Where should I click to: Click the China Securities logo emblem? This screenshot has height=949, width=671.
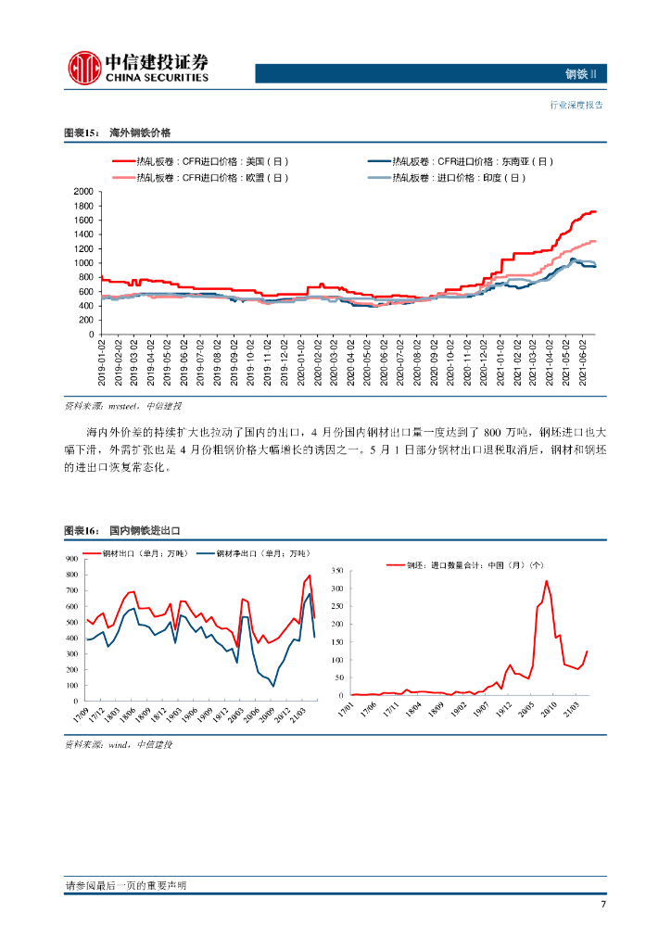click(x=84, y=68)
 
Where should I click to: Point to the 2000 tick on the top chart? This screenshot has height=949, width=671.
click(x=83, y=192)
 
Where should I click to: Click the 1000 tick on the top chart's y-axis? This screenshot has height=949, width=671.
click(x=83, y=263)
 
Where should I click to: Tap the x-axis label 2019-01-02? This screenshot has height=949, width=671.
click(x=103, y=363)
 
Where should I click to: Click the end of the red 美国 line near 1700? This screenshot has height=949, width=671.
click(x=594, y=211)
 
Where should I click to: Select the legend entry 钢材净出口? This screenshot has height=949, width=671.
click(x=260, y=553)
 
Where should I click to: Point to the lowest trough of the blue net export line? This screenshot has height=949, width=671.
click(x=272, y=686)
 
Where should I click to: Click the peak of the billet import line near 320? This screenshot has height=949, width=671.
click(x=547, y=581)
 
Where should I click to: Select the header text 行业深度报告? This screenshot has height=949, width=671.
click(x=576, y=105)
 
